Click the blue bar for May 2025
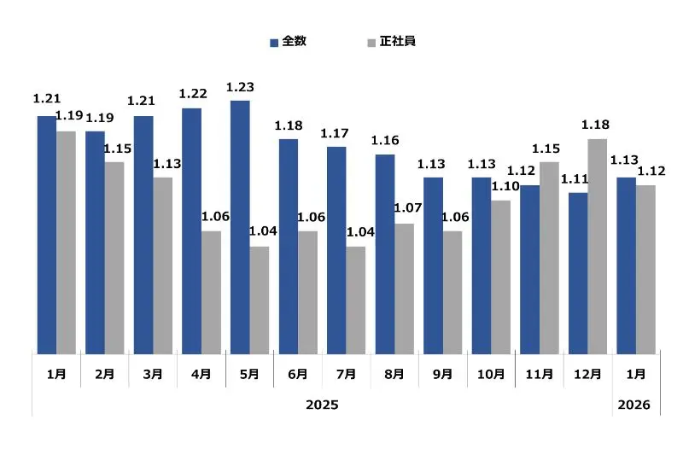(x=240, y=226)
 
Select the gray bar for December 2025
(x=598, y=246)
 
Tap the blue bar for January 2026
(x=626, y=265)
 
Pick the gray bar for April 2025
(x=211, y=292)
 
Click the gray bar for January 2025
(x=66, y=242)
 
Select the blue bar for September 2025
(x=433, y=265)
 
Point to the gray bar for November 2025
(x=549, y=257)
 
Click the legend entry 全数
(x=288, y=41)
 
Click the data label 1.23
(x=240, y=86)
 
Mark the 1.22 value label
(x=194, y=93)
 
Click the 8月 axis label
(x=394, y=374)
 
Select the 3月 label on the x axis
(x=154, y=374)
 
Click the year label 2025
(x=322, y=404)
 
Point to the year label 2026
(x=635, y=404)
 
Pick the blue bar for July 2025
(x=336, y=249)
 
